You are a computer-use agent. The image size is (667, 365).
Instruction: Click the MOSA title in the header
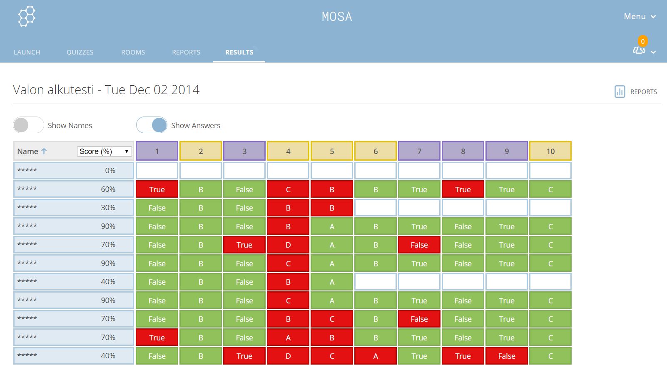[337, 17]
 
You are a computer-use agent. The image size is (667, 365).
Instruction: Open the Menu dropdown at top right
[640, 17]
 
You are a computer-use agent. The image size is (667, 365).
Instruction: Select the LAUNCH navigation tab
[27, 52]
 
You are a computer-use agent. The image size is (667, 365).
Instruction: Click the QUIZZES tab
[80, 52]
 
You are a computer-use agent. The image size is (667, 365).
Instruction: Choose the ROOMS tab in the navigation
[133, 52]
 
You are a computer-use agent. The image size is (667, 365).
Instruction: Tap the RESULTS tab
[239, 52]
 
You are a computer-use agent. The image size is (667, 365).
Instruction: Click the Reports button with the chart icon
[636, 92]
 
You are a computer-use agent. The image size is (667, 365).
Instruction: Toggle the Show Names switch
[28, 125]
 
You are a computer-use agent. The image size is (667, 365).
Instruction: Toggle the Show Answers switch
[152, 125]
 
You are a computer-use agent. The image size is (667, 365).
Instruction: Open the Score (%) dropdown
[105, 151]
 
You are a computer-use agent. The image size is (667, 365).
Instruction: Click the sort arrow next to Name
[44, 151]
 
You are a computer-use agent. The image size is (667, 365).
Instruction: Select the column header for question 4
[288, 151]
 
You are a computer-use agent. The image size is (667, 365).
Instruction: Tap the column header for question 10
[550, 151]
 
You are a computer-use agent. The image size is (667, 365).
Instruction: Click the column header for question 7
[419, 151]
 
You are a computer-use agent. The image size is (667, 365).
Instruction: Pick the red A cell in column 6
[376, 356]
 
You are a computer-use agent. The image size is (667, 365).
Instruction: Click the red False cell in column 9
[507, 356]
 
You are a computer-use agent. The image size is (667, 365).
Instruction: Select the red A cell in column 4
[288, 338]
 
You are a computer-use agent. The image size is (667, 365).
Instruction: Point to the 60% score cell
[108, 189]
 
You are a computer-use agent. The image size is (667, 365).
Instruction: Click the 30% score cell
[108, 208]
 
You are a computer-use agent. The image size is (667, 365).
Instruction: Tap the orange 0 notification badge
[642, 41]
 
